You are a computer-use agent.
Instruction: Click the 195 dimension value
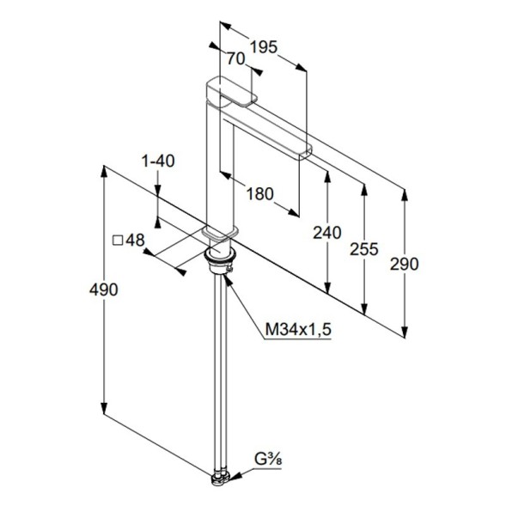coord(264,47)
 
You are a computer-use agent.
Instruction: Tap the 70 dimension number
coord(236,58)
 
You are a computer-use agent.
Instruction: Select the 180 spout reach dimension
coord(259,194)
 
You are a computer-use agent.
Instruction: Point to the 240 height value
coord(327,233)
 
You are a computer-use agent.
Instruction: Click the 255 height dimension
coord(364,249)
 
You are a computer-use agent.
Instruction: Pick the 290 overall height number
coord(404,264)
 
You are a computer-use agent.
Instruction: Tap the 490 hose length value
coord(104,290)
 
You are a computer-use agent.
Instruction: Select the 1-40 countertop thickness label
coord(158,161)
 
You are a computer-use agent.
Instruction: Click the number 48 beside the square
coord(135,240)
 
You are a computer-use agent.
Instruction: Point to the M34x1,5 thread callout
coord(298,330)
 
